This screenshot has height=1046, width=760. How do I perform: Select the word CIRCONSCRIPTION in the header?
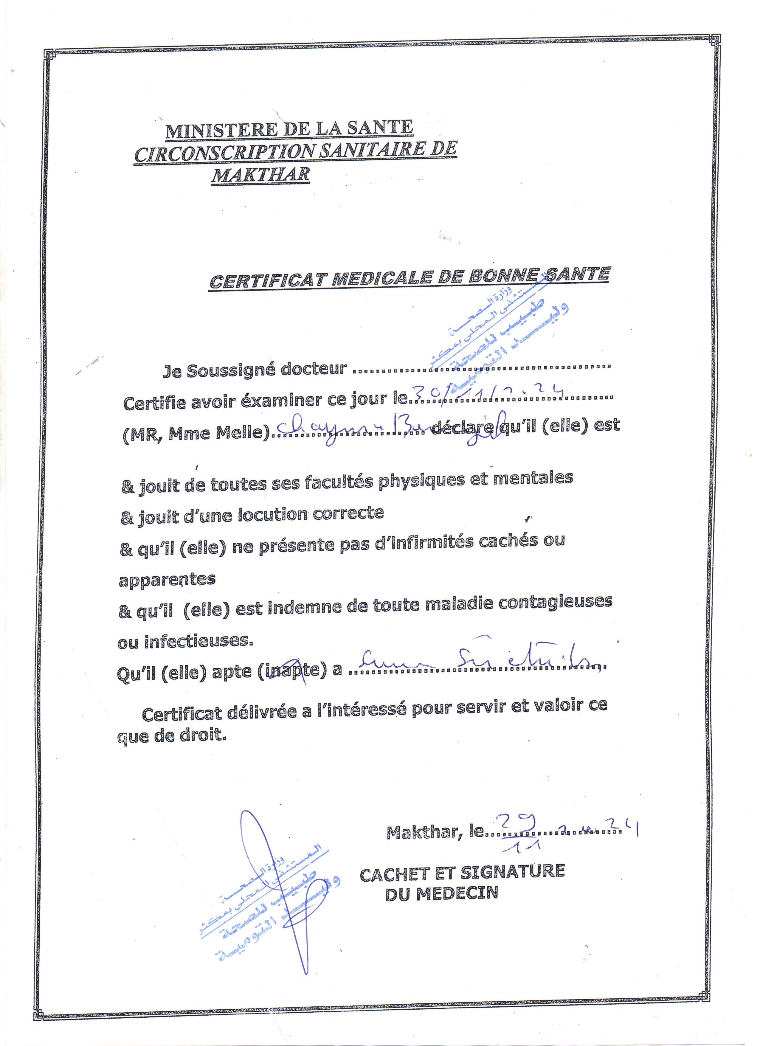pos(225,153)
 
